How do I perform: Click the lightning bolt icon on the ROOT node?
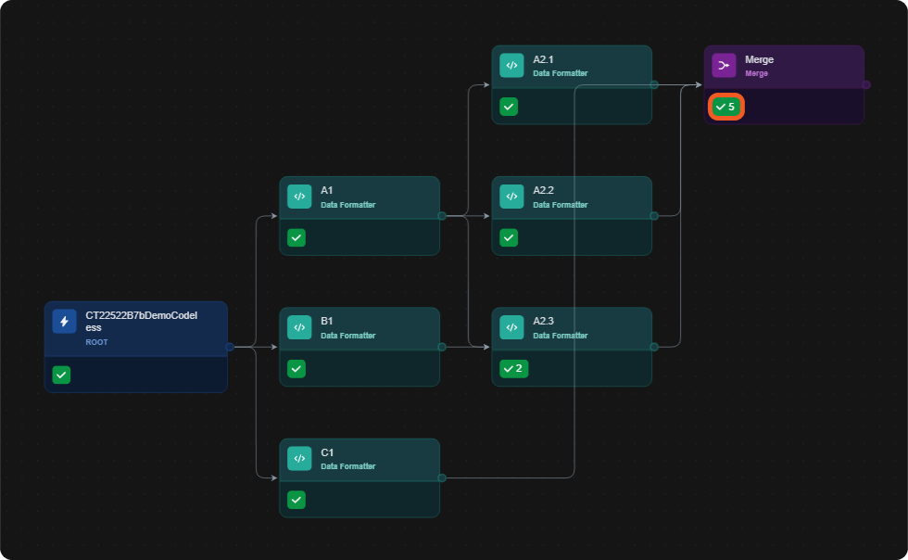pyautogui.click(x=64, y=321)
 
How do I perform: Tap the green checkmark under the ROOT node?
pyautogui.click(x=61, y=375)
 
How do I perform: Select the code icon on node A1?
pyautogui.click(x=299, y=197)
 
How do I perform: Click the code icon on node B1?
pyautogui.click(x=299, y=327)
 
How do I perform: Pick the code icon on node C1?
pyautogui.click(x=299, y=459)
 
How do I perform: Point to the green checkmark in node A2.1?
pyautogui.click(x=509, y=107)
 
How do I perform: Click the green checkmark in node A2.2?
pyautogui.click(x=509, y=237)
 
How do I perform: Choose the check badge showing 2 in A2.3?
pyautogui.click(x=513, y=369)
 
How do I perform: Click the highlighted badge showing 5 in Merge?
pyautogui.click(x=726, y=107)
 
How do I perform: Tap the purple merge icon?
pyautogui.click(x=724, y=66)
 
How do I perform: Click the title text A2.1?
pyautogui.click(x=543, y=59)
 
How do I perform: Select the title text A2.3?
pyautogui.click(x=543, y=321)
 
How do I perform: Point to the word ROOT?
pyautogui.click(x=96, y=342)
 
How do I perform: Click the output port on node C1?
pyautogui.click(x=442, y=478)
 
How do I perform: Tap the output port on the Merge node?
pyautogui.click(x=866, y=84)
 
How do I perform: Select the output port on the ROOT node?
pyautogui.click(x=230, y=348)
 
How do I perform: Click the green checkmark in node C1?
pyautogui.click(x=296, y=500)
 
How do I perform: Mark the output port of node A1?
pyautogui.click(x=442, y=216)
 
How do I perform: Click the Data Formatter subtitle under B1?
pyautogui.click(x=348, y=336)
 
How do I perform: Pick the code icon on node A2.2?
pyautogui.click(x=511, y=197)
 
